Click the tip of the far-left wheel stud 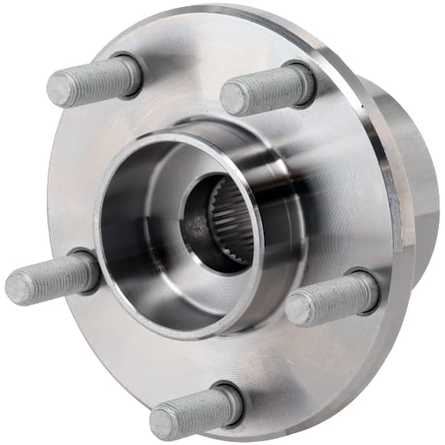20,288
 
